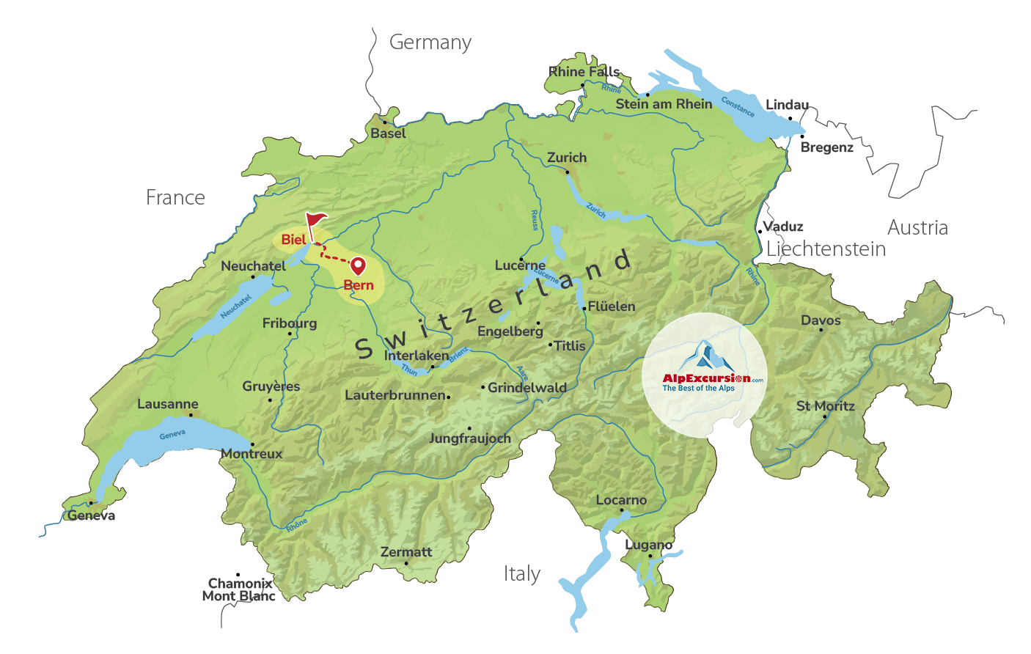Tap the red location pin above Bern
(358, 265)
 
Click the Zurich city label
(567, 158)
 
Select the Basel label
(388, 133)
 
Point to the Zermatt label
(406, 552)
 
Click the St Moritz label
(826, 405)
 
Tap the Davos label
(821, 320)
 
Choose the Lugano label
(649, 545)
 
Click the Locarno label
(621, 500)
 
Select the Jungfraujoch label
(470, 438)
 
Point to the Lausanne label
(168, 404)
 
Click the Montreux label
(252, 454)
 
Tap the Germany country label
(430, 43)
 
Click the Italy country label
(522, 573)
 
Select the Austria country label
(917, 228)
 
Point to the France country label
(175, 197)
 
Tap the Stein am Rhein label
(664, 104)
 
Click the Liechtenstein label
(826, 249)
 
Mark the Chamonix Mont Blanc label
(239, 589)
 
